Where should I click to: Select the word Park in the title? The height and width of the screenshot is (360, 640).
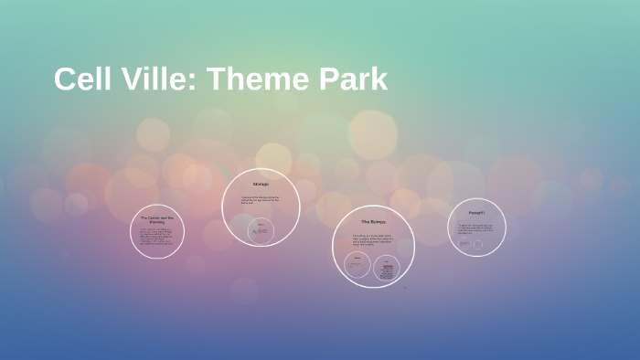point(353,79)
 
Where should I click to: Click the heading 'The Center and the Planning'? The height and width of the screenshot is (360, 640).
point(157,219)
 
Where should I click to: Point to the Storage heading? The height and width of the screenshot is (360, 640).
point(261,185)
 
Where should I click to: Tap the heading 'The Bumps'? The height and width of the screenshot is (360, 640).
point(373,221)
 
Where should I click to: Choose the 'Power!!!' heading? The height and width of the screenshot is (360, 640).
point(476,213)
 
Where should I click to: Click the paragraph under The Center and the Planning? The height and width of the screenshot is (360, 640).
point(157,236)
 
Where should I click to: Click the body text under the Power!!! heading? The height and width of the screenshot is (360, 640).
point(476,228)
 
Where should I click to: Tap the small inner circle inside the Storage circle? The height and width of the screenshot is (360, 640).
point(262,231)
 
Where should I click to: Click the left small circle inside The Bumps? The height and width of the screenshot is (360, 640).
point(357,267)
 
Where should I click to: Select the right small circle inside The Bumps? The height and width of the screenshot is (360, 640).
point(387,268)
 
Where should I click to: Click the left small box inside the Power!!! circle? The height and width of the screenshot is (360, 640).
point(464,244)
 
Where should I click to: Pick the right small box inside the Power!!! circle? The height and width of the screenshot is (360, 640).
point(477,244)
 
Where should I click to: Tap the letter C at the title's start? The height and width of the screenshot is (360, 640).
point(63,79)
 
